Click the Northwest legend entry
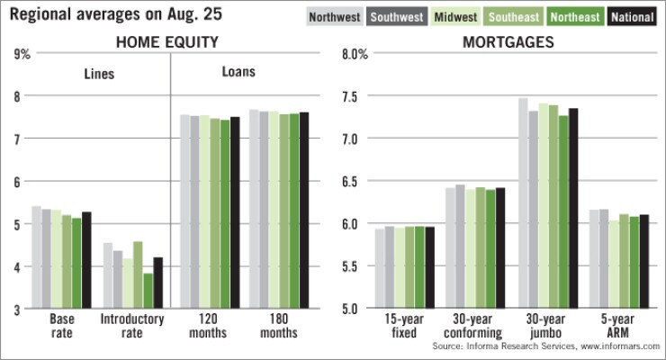click(x=335, y=17)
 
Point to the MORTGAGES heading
click(x=496, y=42)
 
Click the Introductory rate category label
click(x=131, y=326)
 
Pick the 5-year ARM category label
click(x=619, y=326)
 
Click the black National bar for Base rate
click(x=86, y=260)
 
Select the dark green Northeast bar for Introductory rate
click(x=148, y=291)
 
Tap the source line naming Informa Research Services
click(x=546, y=346)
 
